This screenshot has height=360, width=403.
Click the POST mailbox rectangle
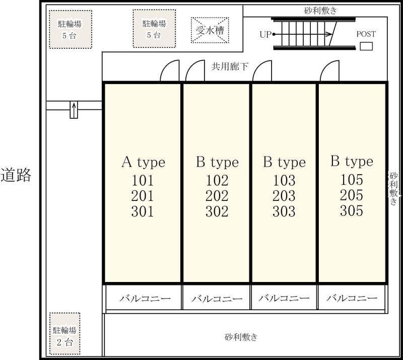click(x=366, y=46)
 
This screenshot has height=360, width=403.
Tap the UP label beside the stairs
click(x=265, y=34)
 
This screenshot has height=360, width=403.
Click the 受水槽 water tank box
click(x=210, y=30)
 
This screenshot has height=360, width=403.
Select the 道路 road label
click(x=16, y=175)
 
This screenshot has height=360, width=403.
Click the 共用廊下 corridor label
click(x=230, y=66)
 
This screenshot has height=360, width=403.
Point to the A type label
click(x=143, y=162)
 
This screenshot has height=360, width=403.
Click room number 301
click(x=143, y=211)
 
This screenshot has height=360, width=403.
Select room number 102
click(x=217, y=180)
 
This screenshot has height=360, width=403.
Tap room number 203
click(x=284, y=196)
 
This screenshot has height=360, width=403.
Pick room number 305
click(x=351, y=210)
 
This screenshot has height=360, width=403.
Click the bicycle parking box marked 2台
click(x=65, y=333)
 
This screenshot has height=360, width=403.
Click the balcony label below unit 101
click(x=145, y=299)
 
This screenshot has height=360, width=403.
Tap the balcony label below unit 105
click(x=352, y=298)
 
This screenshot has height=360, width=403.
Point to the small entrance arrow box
click(x=74, y=110)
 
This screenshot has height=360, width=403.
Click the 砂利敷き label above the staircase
click(x=320, y=11)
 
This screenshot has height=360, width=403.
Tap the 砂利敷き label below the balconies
click(x=241, y=337)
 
